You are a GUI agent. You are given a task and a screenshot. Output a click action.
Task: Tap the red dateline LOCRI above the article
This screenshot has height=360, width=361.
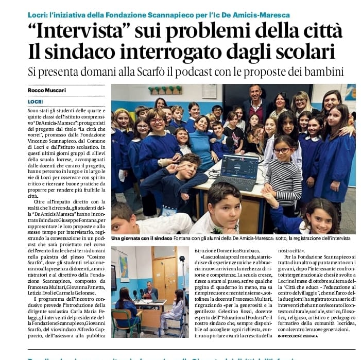tap(36, 101)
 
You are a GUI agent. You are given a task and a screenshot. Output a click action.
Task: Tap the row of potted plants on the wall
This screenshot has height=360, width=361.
tap(165, 90)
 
